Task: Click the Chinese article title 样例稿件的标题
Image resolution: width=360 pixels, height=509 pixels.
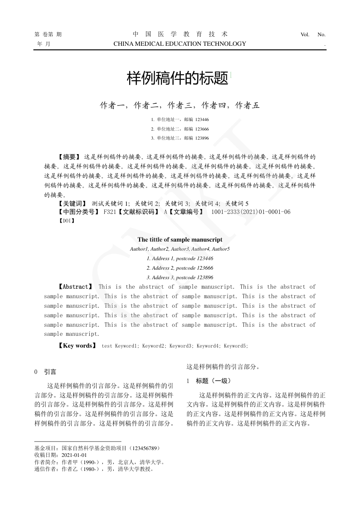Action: pos(177,78)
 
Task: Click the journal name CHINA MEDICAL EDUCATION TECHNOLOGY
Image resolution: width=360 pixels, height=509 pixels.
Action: pos(180,44)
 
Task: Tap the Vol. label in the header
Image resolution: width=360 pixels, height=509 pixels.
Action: pos(305,34)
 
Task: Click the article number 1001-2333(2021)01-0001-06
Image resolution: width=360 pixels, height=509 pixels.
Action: pos(251,212)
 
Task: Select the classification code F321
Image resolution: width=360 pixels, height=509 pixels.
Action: pos(110,212)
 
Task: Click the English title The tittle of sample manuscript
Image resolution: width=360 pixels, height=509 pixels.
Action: pos(180,239)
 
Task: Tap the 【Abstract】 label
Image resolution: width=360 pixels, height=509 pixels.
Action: pos(76,286)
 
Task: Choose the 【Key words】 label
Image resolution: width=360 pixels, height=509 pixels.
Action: pos(77,345)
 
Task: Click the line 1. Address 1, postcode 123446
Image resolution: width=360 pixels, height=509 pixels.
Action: pos(180,258)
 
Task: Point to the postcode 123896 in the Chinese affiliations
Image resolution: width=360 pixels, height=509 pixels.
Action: pos(202,138)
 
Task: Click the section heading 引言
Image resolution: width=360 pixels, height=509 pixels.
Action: pos(50,372)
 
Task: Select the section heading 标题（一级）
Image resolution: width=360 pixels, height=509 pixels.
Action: pos(214,381)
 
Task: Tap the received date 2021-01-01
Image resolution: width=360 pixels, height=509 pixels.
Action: pos(74,455)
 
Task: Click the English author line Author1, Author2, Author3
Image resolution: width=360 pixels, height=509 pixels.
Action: pos(180,249)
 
